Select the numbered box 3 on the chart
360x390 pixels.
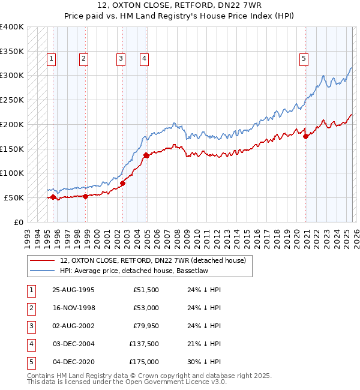121,58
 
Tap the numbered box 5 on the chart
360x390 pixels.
304,58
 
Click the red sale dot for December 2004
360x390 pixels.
146,155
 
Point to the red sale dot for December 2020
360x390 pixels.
305,137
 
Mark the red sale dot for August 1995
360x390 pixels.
53,197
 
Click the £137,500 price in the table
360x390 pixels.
144,344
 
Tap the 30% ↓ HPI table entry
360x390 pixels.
205,362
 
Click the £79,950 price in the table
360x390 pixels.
146,326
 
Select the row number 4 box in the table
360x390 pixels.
30,344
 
